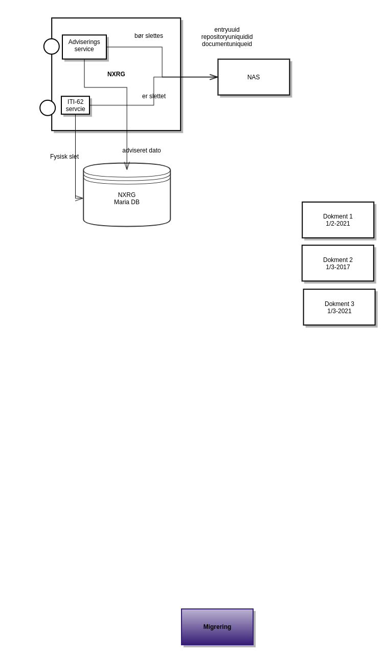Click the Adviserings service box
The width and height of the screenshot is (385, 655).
click(x=84, y=47)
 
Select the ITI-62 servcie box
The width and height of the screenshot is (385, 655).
click(x=75, y=105)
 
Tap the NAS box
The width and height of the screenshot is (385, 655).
click(x=254, y=77)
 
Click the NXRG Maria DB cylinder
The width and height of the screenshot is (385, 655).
click(x=127, y=202)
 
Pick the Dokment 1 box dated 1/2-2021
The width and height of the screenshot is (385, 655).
click(x=338, y=220)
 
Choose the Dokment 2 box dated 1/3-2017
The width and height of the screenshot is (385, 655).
click(x=337, y=263)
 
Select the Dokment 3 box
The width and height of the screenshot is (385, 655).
click(x=339, y=307)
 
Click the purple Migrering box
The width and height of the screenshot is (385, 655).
click(x=217, y=627)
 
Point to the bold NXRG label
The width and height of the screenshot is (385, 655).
click(x=116, y=74)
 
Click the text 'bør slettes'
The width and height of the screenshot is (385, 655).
click(x=149, y=36)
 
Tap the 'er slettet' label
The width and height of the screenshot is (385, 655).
click(x=154, y=96)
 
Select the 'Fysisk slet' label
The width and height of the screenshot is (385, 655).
click(x=64, y=157)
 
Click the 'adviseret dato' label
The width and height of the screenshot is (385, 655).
click(x=142, y=150)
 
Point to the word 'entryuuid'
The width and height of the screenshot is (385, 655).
click(x=227, y=30)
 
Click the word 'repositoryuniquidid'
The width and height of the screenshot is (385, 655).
click(x=227, y=37)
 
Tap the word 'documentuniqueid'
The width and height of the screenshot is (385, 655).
click(x=227, y=44)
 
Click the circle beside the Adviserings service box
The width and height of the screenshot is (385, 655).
click(x=52, y=47)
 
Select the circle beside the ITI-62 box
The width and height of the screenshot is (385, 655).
click(x=48, y=108)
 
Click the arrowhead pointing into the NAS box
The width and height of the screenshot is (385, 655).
click(x=214, y=77)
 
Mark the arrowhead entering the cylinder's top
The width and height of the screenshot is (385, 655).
click(x=127, y=166)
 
